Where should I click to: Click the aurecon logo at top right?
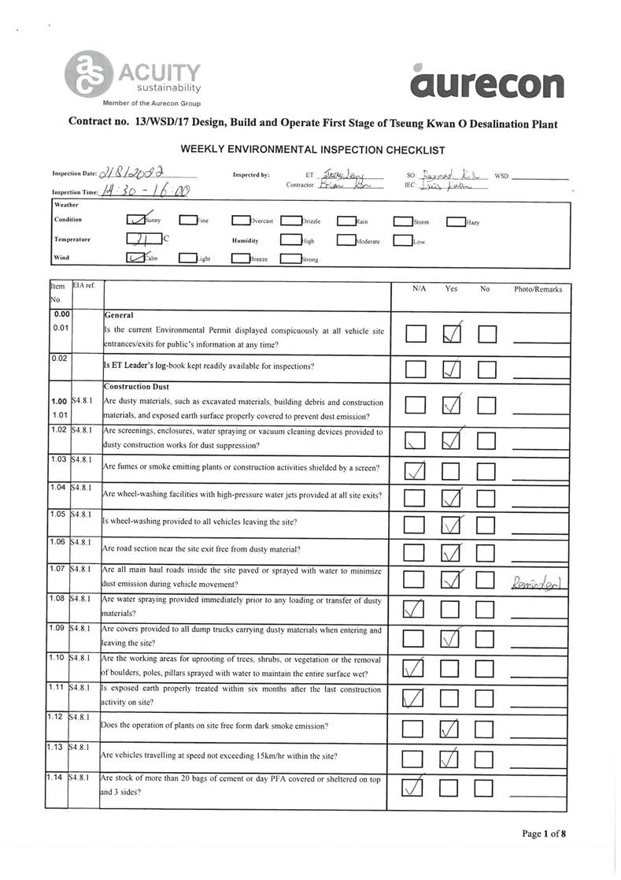[x=486, y=81]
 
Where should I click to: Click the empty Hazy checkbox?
[x=455, y=221]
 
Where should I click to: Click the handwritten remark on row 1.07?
[x=538, y=582]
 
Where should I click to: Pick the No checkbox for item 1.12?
[x=486, y=726]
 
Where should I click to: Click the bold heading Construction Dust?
[x=136, y=387]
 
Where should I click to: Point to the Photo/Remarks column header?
[x=538, y=289]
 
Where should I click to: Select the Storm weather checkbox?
[x=402, y=221]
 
